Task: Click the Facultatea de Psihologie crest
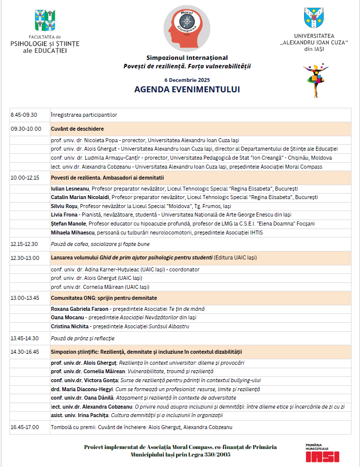coord(45,20)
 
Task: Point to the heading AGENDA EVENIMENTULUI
coord(187,90)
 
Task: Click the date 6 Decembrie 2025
coord(187,80)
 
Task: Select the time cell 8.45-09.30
coord(24,115)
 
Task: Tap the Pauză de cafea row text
coord(100,244)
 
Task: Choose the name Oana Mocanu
coord(67,317)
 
